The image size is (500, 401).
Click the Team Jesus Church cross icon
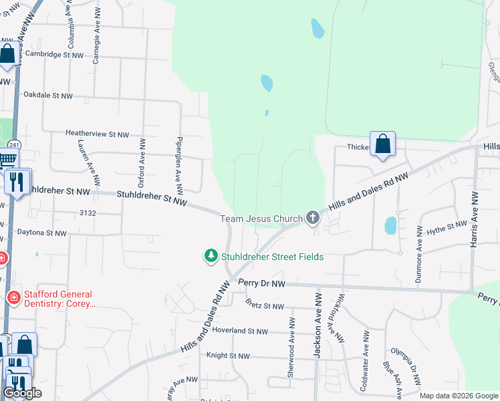[312, 218]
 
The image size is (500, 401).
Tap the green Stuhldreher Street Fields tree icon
[211, 256]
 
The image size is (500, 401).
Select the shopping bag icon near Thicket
[382, 144]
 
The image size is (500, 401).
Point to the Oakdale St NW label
[47, 96]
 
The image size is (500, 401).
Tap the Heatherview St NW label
[97, 134]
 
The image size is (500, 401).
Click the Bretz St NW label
[265, 306]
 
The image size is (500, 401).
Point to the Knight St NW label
[228, 356]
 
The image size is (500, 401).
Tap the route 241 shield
[14, 144]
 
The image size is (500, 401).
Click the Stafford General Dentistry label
[59, 299]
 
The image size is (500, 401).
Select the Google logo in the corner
[22, 393]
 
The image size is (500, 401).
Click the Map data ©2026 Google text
[459, 396]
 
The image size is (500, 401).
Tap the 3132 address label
[88, 213]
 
